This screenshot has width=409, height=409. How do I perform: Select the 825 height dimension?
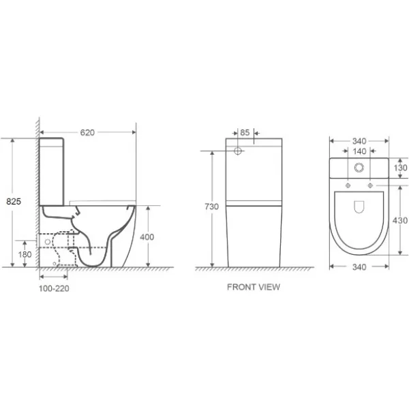click(12, 202)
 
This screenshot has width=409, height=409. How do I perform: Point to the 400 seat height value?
click(147, 237)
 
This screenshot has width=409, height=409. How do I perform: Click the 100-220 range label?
click(54, 288)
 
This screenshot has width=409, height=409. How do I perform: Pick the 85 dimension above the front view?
click(245, 133)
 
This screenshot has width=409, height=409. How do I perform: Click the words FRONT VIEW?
click(253, 287)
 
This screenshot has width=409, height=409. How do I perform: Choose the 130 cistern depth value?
click(400, 168)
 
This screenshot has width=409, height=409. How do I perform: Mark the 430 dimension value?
click(400, 220)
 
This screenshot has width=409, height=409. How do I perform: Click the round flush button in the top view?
click(359, 168)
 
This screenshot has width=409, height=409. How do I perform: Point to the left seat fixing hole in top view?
click(348, 185)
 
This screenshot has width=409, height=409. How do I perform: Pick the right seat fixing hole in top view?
click(370, 185)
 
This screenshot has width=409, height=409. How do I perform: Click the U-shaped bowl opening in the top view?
click(359, 208)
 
